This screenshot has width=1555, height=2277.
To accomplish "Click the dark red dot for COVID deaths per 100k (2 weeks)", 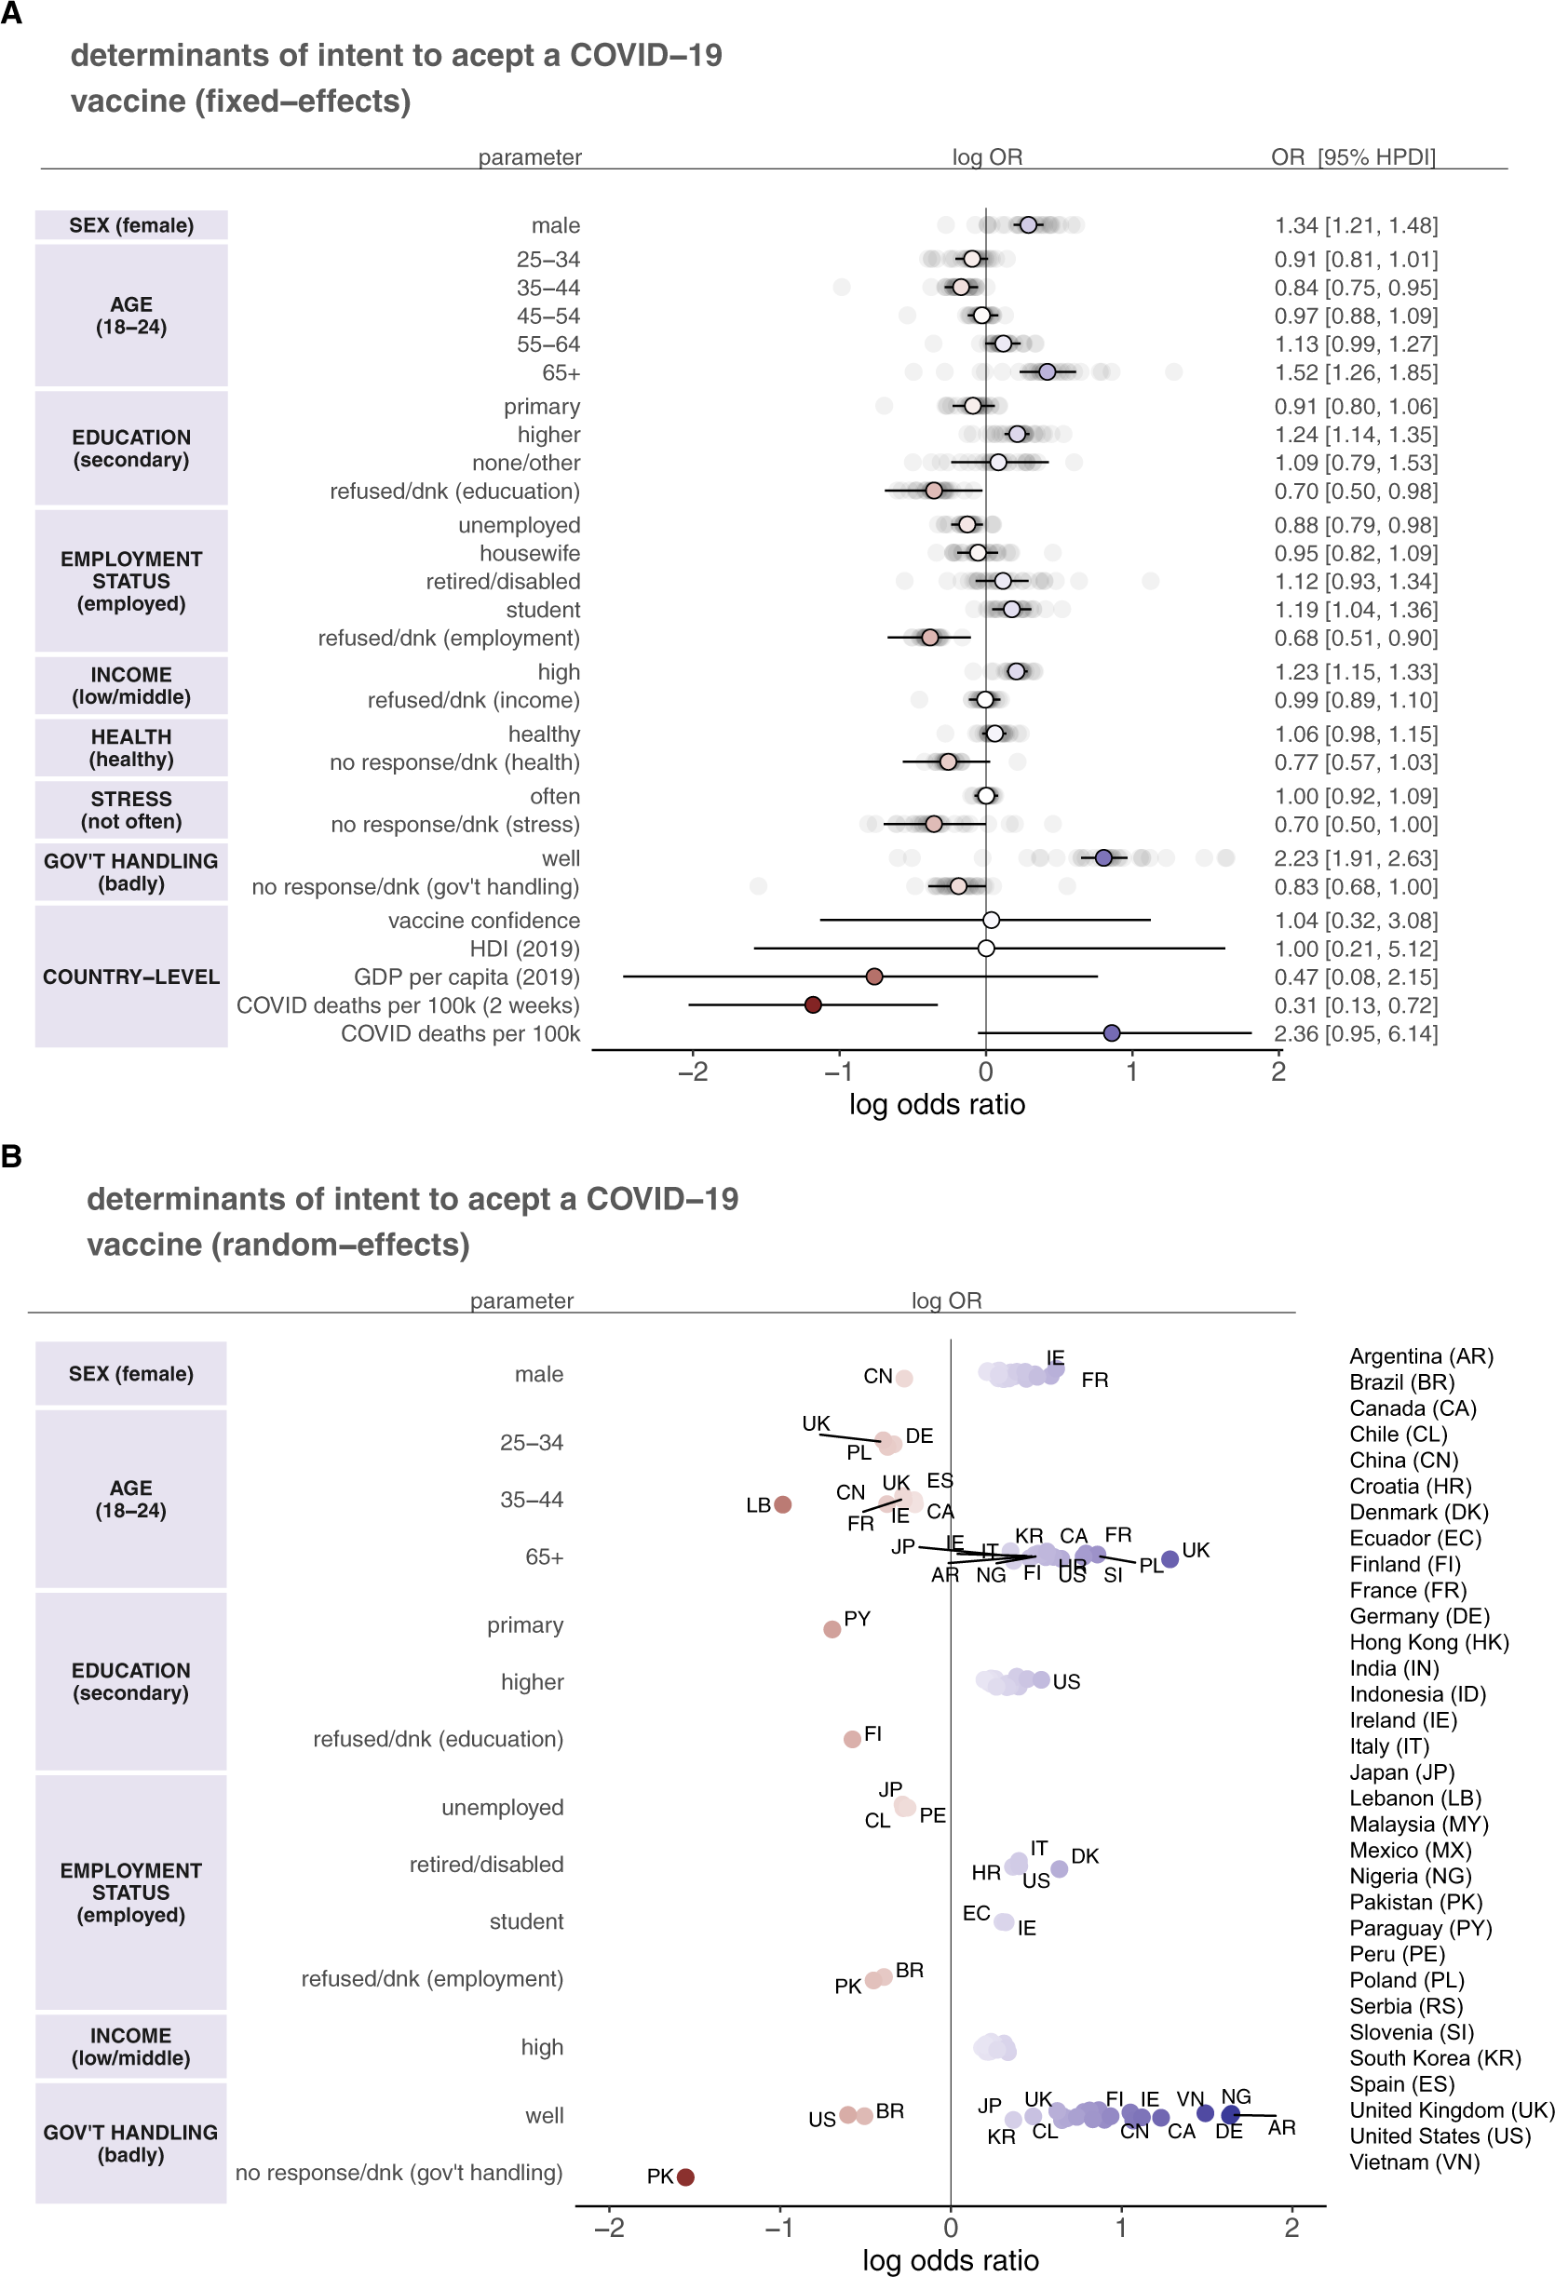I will pyautogui.click(x=812, y=1004).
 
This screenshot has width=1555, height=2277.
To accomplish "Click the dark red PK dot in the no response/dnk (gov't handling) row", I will pyautogui.click(x=686, y=2177).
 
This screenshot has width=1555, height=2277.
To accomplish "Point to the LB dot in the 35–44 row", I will pyautogui.click(x=783, y=1504).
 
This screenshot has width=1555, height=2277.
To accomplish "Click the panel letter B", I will pyautogui.click(x=12, y=1156).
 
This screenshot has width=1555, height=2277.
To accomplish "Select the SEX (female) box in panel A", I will pyautogui.click(x=131, y=225).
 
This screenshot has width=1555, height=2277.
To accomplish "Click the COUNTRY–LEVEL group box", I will pyautogui.click(x=131, y=977).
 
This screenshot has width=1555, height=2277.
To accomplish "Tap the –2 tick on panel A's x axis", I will pyautogui.click(x=693, y=1071).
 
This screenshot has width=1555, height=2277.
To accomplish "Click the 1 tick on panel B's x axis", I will pyautogui.click(x=1121, y=2227).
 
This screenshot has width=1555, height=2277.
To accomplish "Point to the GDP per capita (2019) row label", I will pyautogui.click(x=466, y=977).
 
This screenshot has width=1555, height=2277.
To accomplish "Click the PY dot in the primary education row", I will pyautogui.click(x=832, y=1628).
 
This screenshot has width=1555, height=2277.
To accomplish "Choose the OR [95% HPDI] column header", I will pyautogui.click(x=1352, y=156).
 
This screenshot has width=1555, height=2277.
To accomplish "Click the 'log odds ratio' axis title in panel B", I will pyautogui.click(x=950, y=2259).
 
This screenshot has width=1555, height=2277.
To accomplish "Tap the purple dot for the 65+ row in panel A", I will pyautogui.click(x=1048, y=372).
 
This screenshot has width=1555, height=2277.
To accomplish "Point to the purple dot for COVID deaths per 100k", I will pyautogui.click(x=1111, y=1032).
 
